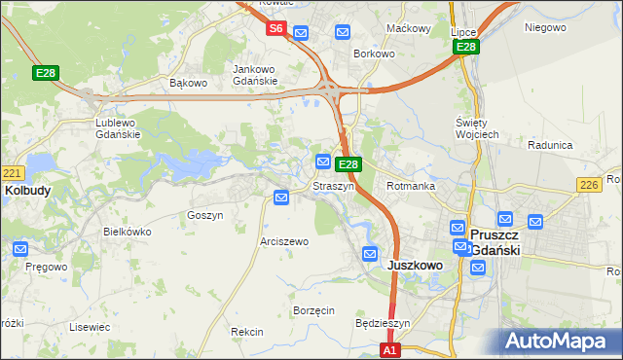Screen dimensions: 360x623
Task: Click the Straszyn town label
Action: (333, 186)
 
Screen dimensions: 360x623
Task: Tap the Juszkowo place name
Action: (416, 265)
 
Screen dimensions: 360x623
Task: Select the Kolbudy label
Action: (27, 191)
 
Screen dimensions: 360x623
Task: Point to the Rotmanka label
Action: (410, 186)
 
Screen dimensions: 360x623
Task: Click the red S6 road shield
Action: (276, 29)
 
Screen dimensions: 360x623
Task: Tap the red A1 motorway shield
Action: (390, 349)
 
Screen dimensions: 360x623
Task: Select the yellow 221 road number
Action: (11, 173)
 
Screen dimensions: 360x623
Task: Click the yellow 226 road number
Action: (588, 185)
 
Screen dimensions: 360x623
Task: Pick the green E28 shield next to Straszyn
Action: (350, 165)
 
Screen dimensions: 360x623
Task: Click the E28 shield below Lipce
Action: (466, 47)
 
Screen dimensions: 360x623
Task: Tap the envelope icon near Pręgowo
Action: (20, 249)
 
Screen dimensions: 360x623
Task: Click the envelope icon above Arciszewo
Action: (281, 198)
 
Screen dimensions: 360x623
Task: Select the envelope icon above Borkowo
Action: (343, 33)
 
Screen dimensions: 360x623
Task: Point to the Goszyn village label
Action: (204, 215)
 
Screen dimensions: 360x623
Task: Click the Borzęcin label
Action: (313, 310)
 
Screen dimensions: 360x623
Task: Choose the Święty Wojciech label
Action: (477, 127)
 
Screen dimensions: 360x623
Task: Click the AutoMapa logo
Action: (556, 342)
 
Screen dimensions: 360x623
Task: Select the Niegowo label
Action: (545, 27)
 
